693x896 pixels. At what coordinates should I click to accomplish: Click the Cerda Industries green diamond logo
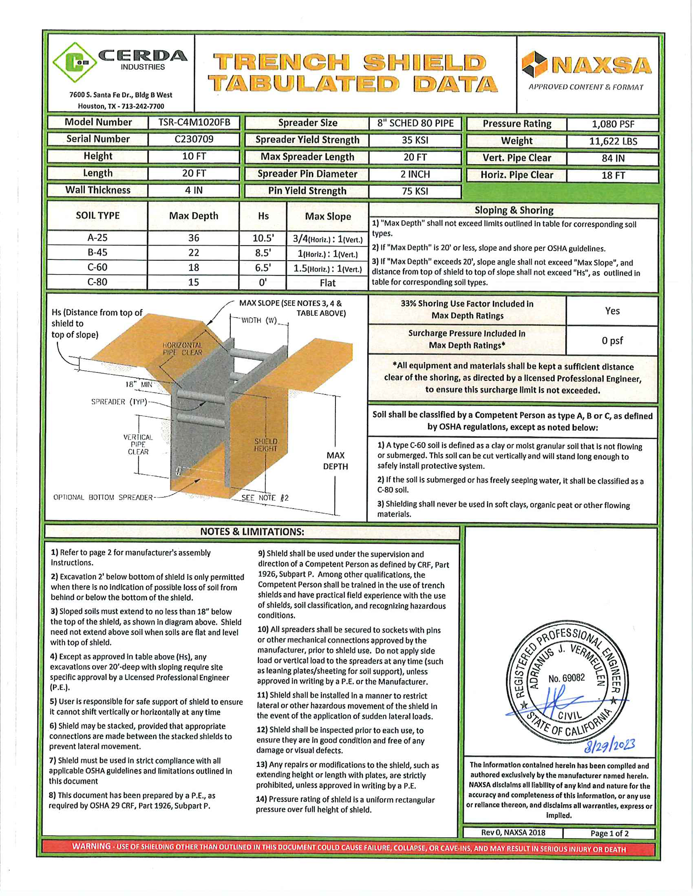click(x=75, y=62)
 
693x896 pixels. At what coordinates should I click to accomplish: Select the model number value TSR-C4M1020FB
click(x=194, y=123)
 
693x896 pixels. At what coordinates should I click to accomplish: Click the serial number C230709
click(x=194, y=139)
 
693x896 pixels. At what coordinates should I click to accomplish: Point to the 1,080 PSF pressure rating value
click(x=613, y=124)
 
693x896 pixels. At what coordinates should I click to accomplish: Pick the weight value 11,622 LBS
click(x=613, y=142)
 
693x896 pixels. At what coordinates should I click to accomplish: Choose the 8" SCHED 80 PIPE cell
click(x=415, y=123)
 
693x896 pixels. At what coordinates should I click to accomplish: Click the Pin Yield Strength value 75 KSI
click(x=415, y=191)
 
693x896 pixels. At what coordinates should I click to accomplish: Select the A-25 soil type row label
click(x=97, y=238)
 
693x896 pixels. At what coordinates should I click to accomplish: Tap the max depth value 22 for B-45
click(x=193, y=253)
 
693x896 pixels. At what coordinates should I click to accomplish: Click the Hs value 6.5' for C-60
click(x=263, y=268)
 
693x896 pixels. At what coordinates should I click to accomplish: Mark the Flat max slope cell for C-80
click(x=328, y=283)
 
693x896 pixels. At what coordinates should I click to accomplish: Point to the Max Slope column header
click(x=328, y=217)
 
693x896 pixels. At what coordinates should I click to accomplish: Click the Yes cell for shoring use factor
click(x=612, y=311)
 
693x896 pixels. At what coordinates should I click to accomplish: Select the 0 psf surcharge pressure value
click(x=612, y=341)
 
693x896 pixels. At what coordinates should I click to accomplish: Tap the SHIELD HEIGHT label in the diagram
click(x=266, y=445)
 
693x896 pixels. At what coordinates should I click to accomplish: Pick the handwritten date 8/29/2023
click(x=610, y=745)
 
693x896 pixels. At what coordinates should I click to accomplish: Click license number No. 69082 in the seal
click(x=566, y=678)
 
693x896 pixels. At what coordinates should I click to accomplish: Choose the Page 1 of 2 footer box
click(x=609, y=833)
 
